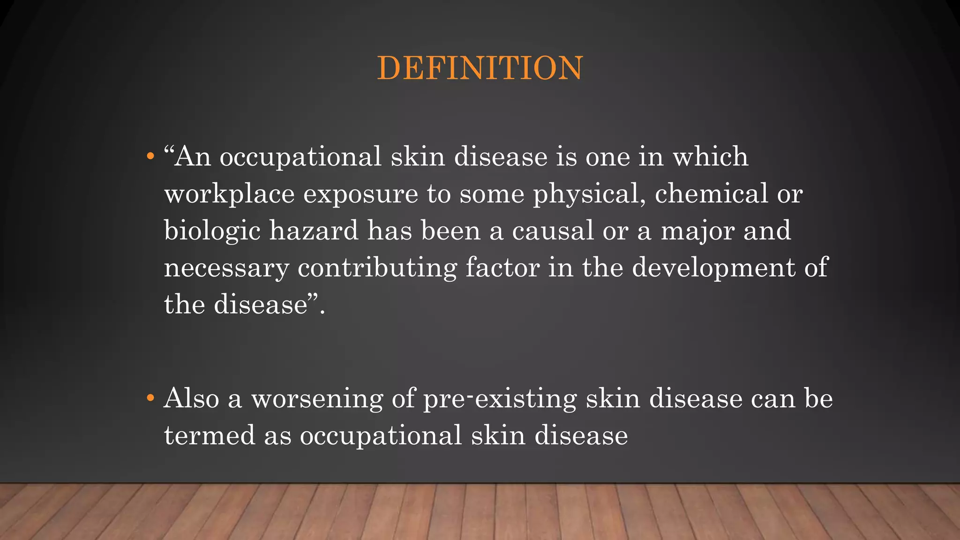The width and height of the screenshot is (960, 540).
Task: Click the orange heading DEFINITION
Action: (x=480, y=68)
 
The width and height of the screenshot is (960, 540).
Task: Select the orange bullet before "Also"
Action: (x=150, y=398)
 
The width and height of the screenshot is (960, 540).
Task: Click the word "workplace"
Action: (x=229, y=195)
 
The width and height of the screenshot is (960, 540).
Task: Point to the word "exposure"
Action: (x=360, y=195)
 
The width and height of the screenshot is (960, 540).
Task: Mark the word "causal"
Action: (x=553, y=231)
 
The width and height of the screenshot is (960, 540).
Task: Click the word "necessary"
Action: (x=226, y=269)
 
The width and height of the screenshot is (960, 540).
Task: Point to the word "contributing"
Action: (x=377, y=269)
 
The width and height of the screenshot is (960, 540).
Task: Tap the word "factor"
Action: (x=502, y=268)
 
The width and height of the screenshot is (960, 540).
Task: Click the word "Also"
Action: (x=191, y=398)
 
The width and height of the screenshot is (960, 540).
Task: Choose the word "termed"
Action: (x=210, y=435)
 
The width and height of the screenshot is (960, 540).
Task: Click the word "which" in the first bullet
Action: (x=711, y=156)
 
